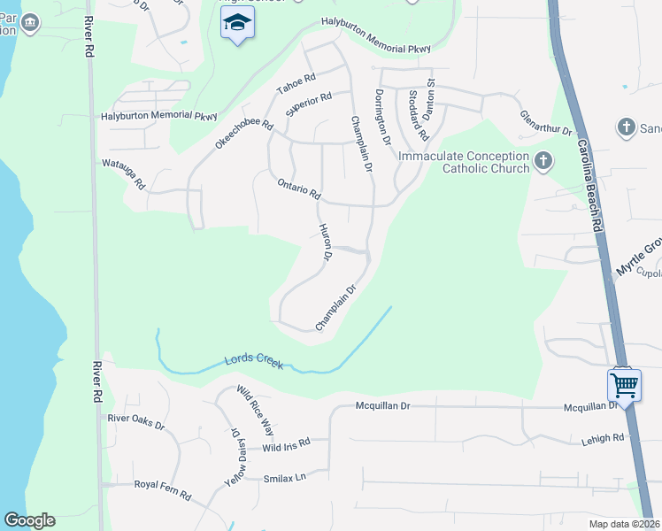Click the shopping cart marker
click(624, 386)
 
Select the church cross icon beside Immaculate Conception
click(543, 162)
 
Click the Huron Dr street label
click(324, 242)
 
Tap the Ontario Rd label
click(298, 188)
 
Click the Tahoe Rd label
click(296, 85)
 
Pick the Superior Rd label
click(308, 105)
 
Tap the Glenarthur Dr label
click(546, 123)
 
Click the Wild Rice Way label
click(254, 411)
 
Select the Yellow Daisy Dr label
click(235, 458)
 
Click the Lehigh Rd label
click(603, 437)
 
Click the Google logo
click(29, 520)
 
